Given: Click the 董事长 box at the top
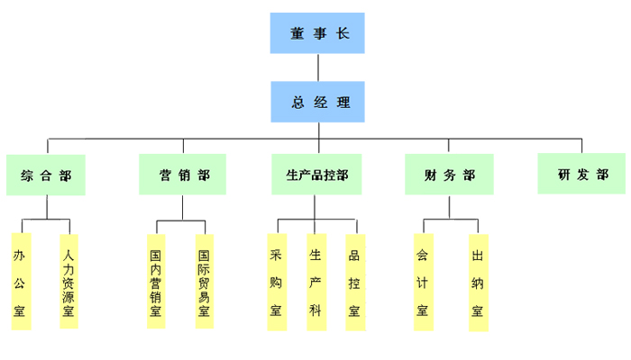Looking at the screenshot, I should pyautogui.click(x=317, y=33).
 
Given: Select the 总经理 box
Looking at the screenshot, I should pyautogui.click(x=317, y=102).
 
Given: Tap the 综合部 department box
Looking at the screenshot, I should pyautogui.click(x=46, y=175).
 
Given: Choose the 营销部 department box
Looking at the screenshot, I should pyautogui.click(x=182, y=175).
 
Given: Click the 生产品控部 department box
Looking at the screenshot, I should pyautogui.click(x=316, y=175).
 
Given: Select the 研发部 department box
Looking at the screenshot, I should pyautogui.click(x=581, y=174).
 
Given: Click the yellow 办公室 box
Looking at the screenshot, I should pyautogui.click(x=21, y=282).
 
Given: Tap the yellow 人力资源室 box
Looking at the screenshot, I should pyautogui.click(x=69, y=282).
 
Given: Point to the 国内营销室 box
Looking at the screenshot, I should pyautogui.click(x=156, y=282).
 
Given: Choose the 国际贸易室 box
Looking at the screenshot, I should pyautogui.click(x=204, y=282).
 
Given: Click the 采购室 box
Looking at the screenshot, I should pyautogui.click(x=276, y=282).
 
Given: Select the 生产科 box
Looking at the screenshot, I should pyautogui.click(x=315, y=282).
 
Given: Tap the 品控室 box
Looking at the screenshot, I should pyautogui.click(x=354, y=282).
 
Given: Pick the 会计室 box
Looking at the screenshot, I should pyautogui.click(x=422, y=282).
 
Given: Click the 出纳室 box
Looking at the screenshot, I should pyautogui.click(x=478, y=283).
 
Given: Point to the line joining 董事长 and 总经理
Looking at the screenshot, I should pyautogui.click(x=317, y=67).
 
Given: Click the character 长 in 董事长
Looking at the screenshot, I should pyautogui.click(x=342, y=34).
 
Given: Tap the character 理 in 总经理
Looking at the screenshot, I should pyautogui.click(x=343, y=102).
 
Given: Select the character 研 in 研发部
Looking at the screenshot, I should pyautogui.click(x=563, y=174).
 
